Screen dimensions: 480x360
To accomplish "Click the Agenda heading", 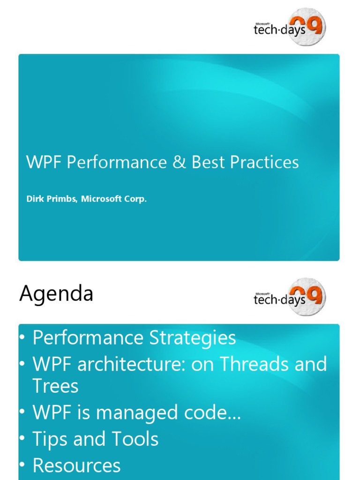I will click(56, 294).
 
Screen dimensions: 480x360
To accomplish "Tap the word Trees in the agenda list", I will click(55, 386).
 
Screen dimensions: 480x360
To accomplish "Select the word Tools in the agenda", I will click(135, 439).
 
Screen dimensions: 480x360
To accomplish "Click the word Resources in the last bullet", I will click(76, 465).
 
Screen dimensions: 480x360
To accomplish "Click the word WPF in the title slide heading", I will click(45, 163).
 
